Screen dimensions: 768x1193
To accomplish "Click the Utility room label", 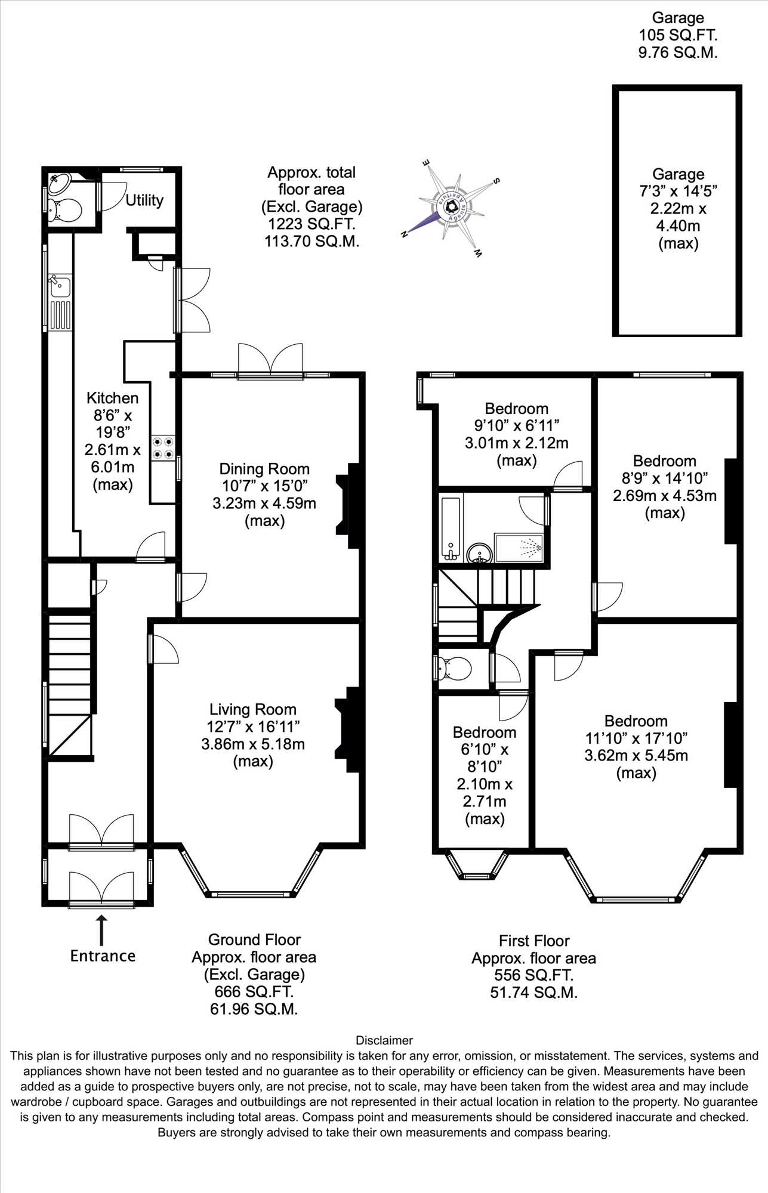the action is tap(144, 200).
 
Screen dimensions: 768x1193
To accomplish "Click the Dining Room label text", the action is tap(264, 469).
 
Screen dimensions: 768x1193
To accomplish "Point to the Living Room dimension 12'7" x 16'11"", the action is tap(254, 727).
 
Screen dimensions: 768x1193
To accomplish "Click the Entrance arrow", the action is tap(101, 930).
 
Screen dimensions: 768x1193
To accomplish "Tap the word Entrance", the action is tap(103, 956).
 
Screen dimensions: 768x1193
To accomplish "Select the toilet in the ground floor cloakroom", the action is tap(63, 210).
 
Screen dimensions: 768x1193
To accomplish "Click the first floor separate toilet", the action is tap(454, 669).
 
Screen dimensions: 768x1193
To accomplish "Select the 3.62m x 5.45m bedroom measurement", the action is tap(636, 755).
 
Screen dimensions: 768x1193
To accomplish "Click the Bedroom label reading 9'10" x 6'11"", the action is tap(517, 409).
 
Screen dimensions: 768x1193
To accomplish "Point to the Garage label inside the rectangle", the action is tap(678, 174).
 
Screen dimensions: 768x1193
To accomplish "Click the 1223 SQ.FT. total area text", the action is tap(311, 224).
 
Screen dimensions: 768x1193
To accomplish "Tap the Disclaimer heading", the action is tap(384, 1040).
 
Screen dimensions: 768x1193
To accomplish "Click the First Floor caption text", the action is tap(534, 941).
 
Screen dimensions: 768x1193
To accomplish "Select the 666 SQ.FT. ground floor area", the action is tap(254, 991).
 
